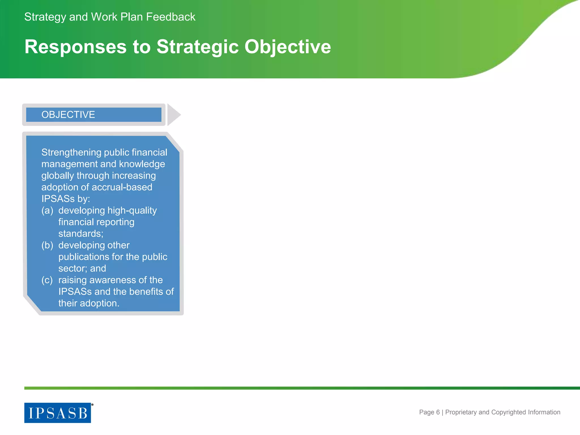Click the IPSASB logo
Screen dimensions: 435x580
point(58,413)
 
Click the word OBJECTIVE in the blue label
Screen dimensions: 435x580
point(68,115)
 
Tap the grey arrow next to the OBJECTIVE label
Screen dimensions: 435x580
point(173,115)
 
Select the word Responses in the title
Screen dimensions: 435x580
point(75,47)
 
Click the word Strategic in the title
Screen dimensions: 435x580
point(197,47)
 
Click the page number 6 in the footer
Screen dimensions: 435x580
point(438,412)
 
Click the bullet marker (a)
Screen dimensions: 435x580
point(47,210)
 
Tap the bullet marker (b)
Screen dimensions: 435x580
point(47,245)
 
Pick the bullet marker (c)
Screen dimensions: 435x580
point(47,280)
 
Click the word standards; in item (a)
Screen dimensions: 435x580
point(81,234)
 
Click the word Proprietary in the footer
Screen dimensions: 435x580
point(461,412)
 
